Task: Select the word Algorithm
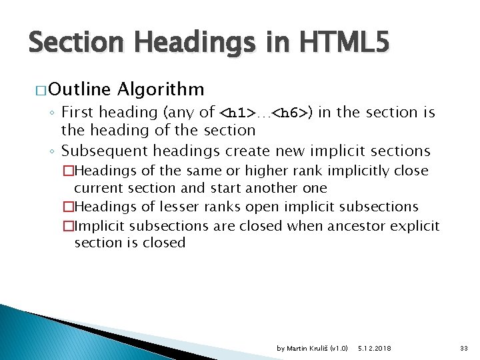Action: coord(160,89)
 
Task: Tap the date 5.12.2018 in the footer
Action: coord(375,348)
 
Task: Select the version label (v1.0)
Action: coord(339,348)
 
